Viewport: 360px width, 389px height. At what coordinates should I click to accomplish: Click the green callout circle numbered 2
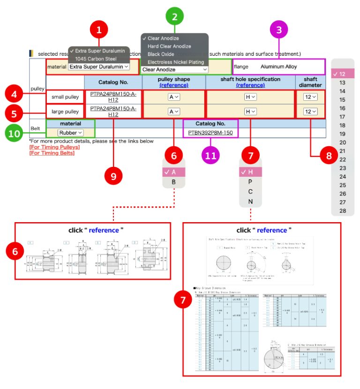click(175, 18)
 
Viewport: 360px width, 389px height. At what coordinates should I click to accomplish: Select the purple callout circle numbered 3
click(279, 31)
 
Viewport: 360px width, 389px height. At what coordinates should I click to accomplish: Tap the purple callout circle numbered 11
click(211, 155)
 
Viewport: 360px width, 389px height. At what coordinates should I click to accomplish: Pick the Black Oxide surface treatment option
click(161, 54)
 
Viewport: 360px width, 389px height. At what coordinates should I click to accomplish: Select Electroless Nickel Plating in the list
click(176, 62)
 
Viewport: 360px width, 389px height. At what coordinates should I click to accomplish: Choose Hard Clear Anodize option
click(169, 46)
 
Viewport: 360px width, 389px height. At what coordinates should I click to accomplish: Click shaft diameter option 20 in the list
click(342, 142)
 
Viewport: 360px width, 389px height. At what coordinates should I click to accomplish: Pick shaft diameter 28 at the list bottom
click(342, 210)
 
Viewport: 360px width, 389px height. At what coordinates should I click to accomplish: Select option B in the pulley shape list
click(173, 182)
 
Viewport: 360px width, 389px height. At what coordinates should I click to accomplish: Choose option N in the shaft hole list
click(250, 202)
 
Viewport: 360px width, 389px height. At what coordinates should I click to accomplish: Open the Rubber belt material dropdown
click(70, 133)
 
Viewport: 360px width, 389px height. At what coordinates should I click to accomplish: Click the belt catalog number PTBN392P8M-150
click(210, 133)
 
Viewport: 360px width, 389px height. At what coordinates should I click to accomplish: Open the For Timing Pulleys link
click(54, 147)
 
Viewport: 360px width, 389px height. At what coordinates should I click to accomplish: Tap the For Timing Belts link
click(52, 153)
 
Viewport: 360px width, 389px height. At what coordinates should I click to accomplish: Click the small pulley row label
click(65, 97)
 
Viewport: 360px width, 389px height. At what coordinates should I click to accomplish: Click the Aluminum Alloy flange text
click(278, 67)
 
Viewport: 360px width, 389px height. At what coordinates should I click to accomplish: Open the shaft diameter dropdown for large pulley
click(310, 112)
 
